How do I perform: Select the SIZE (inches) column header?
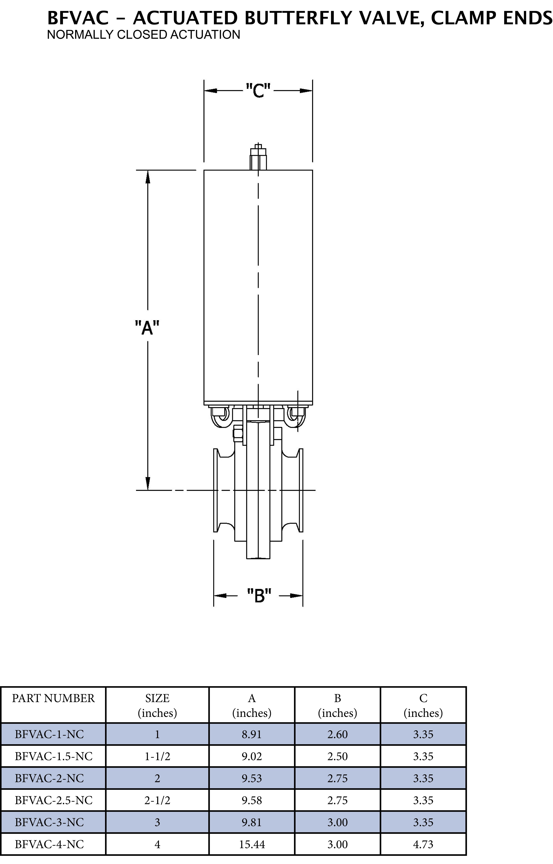157,705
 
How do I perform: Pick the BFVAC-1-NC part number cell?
49,734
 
